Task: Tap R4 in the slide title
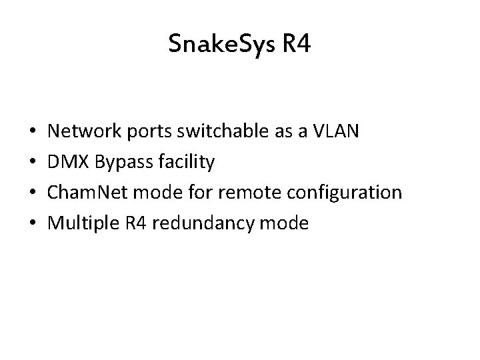pyautogui.click(x=296, y=45)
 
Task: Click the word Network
pyautogui.click(x=86, y=132)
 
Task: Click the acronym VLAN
pyautogui.click(x=337, y=132)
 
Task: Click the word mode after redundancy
pyautogui.click(x=287, y=223)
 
